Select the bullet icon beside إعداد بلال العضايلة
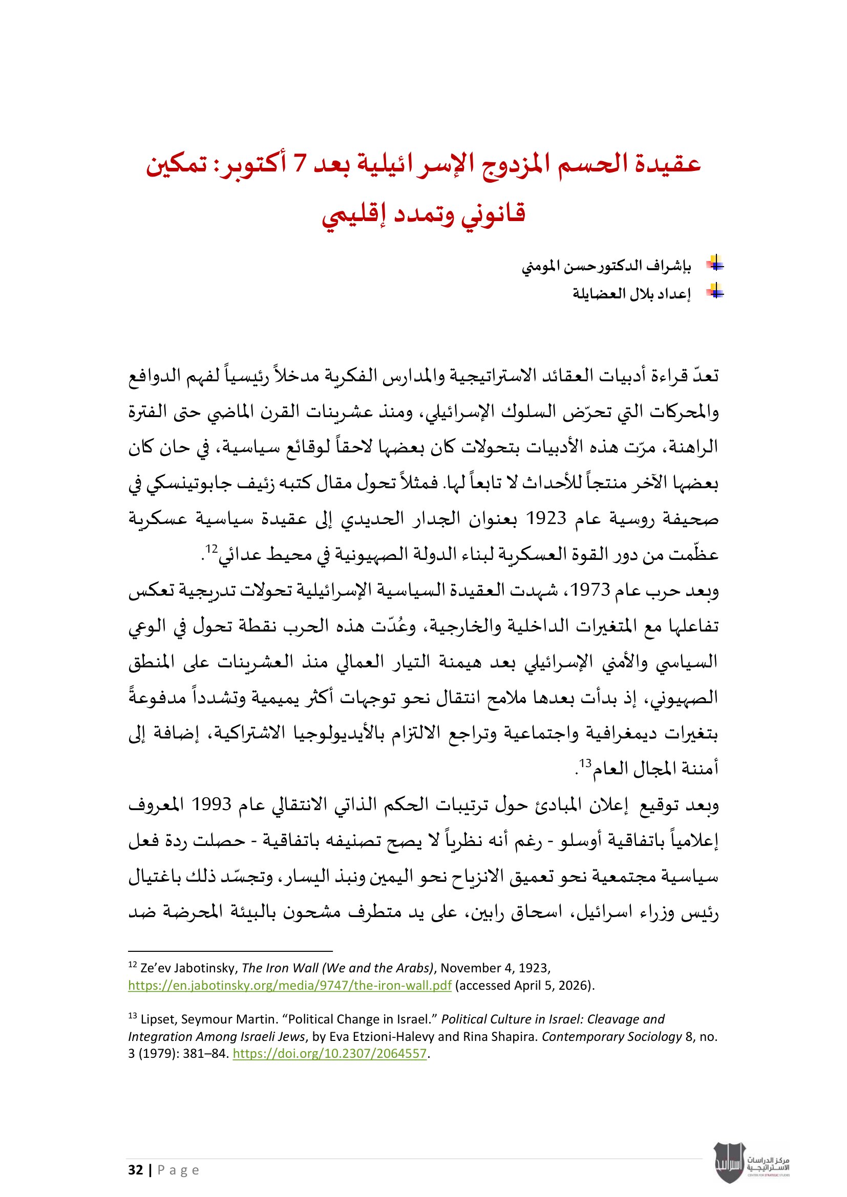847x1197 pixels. [716, 293]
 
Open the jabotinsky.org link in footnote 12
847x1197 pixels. [289, 985]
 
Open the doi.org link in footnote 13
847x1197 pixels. [330, 1053]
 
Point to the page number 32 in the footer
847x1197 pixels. [136, 1170]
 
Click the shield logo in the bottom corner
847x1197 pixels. [729, 1163]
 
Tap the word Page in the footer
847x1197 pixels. [178, 1170]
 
